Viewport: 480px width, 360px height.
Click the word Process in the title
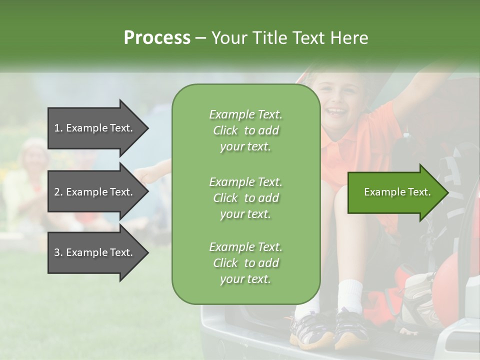[157, 38]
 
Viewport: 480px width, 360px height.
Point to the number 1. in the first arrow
[58, 128]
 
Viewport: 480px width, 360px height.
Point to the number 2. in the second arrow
[58, 192]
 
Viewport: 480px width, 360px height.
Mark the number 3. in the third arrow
[58, 252]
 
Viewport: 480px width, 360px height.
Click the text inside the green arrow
[397, 192]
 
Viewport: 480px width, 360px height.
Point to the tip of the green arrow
[447, 192]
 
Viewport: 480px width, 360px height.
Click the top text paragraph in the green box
[245, 130]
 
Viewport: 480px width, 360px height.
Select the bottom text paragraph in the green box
[245, 263]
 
